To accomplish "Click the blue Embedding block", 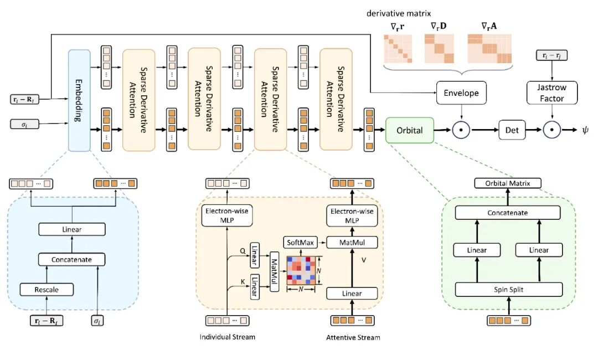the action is pos(79,101).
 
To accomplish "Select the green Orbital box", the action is pos(410,130).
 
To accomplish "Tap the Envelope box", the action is pos(461,92).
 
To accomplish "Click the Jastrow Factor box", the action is pos(552,92).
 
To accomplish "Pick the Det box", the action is pos(512,130).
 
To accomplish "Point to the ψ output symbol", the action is pos(585,130).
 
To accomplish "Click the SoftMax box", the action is pos(300,243).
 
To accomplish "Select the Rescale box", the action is pos(47,290).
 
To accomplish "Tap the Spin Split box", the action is pos(509,290).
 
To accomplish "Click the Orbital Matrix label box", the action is pos(508,183).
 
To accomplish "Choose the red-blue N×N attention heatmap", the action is pos(301,270).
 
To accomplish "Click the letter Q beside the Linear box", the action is pos(243,251).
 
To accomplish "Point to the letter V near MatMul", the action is pos(364,260).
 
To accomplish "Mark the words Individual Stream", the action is pos(228,337).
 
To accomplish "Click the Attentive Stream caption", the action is pos(353,337).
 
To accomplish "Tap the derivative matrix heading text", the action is pos(399,13).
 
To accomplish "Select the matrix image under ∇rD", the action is pos(439,48).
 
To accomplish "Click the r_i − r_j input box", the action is pos(551,55).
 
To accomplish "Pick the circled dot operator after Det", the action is pos(551,130).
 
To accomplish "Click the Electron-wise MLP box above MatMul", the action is pos(352,216).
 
